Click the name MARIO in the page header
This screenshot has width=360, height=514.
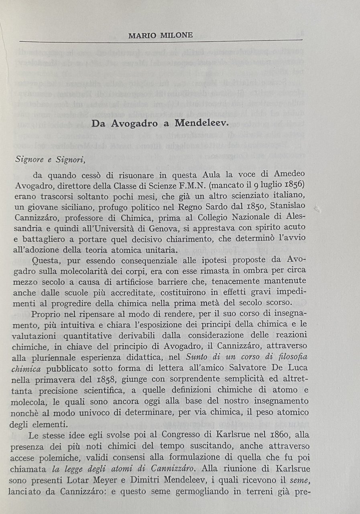(142, 35)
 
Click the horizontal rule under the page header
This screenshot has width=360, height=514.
(161, 41)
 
